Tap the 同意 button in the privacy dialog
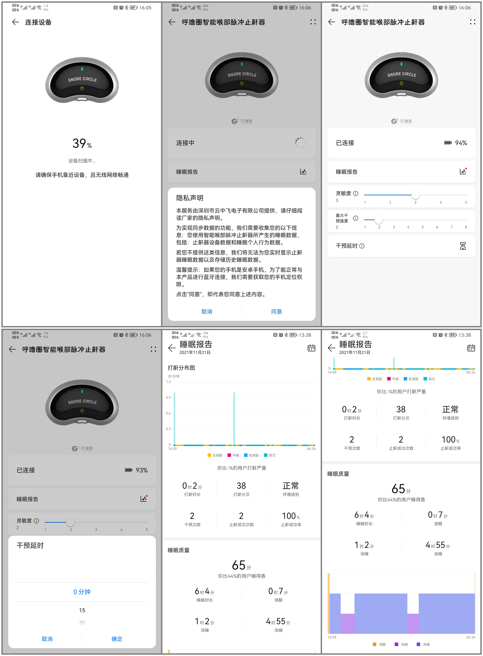(x=276, y=312)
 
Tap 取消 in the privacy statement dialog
(x=207, y=312)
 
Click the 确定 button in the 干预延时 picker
(x=117, y=639)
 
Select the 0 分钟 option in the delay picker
(x=82, y=592)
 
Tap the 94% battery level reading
(x=461, y=143)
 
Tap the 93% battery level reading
(x=142, y=470)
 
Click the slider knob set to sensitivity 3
(x=415, y=195)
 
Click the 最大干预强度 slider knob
(x=379, y=219)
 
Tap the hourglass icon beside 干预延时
(x=463, y=246)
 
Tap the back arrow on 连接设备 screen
(x=15, y=22)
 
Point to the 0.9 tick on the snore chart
(x=168, y=397)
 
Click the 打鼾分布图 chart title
(x=181, y=368)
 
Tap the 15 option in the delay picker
(x=82, y=610)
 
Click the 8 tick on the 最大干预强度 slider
(x=466, y=227)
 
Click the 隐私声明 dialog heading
(x=189, y=198)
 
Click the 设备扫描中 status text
(x=82, y=161)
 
